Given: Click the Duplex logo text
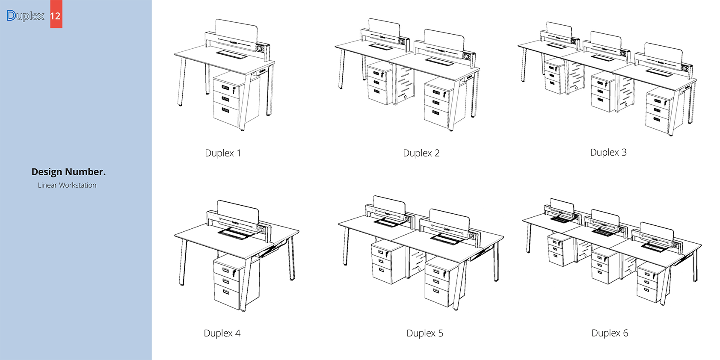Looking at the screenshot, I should (x=25, y=16).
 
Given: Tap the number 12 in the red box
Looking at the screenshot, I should (x=56, y=16).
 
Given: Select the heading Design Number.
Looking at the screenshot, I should (x=68, y=172).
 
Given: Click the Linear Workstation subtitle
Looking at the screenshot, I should (x=67, y=185).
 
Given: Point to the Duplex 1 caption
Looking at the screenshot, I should (x=223, y=153).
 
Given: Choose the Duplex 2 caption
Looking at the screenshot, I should (x=421, y=153).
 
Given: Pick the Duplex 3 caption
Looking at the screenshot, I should (x=608, y=152).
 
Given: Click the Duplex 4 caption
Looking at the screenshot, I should (x=222, y=333).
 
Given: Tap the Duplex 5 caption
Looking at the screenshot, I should (x=425, y=333).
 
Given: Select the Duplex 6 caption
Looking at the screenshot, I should (x=610, y=333).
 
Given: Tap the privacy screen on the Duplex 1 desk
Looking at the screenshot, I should (x=236, y=30).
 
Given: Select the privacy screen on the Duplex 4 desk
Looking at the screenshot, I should (x=237, y=212).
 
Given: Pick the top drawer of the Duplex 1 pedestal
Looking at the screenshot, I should (x=225, y=88).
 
